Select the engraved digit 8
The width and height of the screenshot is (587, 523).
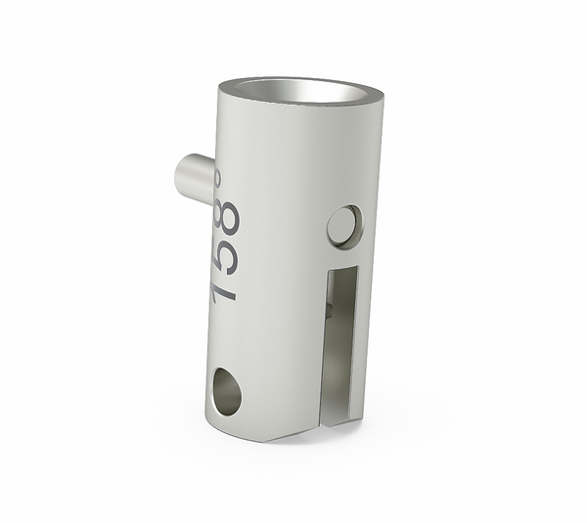(227, 218)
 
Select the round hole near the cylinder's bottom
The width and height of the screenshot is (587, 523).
(224, 390)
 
